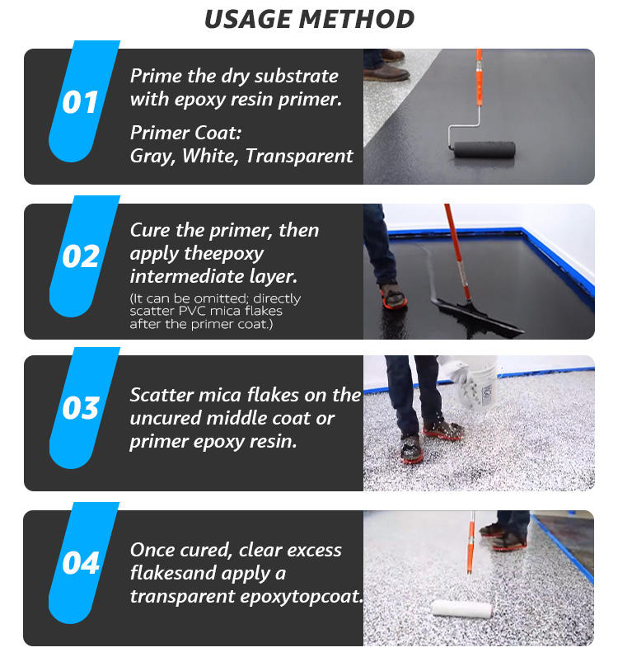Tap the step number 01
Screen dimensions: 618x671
[80, 103]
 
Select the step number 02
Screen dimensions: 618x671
[81, 256]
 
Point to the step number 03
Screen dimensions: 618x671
[81, 408]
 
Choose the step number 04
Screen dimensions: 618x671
[81, 563]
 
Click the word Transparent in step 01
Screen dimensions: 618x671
[299, 156]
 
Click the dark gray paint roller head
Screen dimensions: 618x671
[485, 150]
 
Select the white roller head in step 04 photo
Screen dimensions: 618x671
[462, 608]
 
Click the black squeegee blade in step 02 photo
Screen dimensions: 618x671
[479, 317]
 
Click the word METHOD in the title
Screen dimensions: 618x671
[356, 19]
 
